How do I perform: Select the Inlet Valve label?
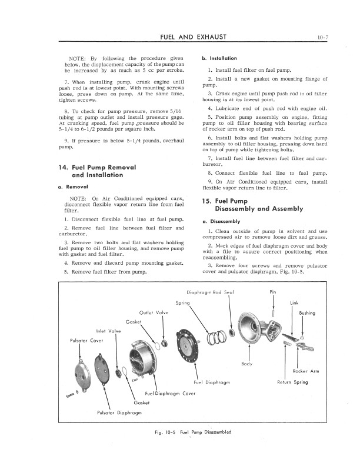coord(109,331)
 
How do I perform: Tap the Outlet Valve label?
coord(154,312)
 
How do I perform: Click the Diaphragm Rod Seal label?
coord(210,292)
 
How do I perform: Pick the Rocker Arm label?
coord(306,371)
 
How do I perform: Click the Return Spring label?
coord(293,382)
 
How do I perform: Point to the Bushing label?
coord(307,313)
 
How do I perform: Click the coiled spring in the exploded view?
coord(215,338)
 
